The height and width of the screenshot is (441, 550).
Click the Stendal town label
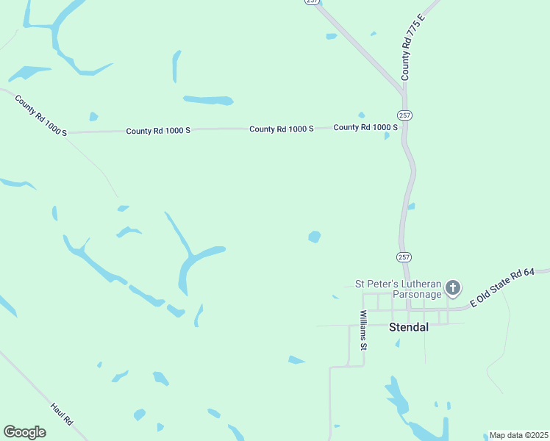408,327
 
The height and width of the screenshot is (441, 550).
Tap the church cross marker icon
454,288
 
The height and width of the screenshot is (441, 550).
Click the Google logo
24,432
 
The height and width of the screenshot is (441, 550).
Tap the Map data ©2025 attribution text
518,435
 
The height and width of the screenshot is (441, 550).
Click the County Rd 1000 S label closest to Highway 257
365,127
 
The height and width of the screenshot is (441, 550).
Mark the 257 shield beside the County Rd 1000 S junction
404,115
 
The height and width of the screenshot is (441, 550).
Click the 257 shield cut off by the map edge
312,2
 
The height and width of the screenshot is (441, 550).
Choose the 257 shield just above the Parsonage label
404,257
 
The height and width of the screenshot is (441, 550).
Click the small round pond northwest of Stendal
315,237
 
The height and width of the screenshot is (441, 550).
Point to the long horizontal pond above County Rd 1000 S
208,100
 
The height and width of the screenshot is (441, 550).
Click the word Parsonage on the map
417,294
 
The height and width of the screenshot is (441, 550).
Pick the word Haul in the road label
57,409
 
